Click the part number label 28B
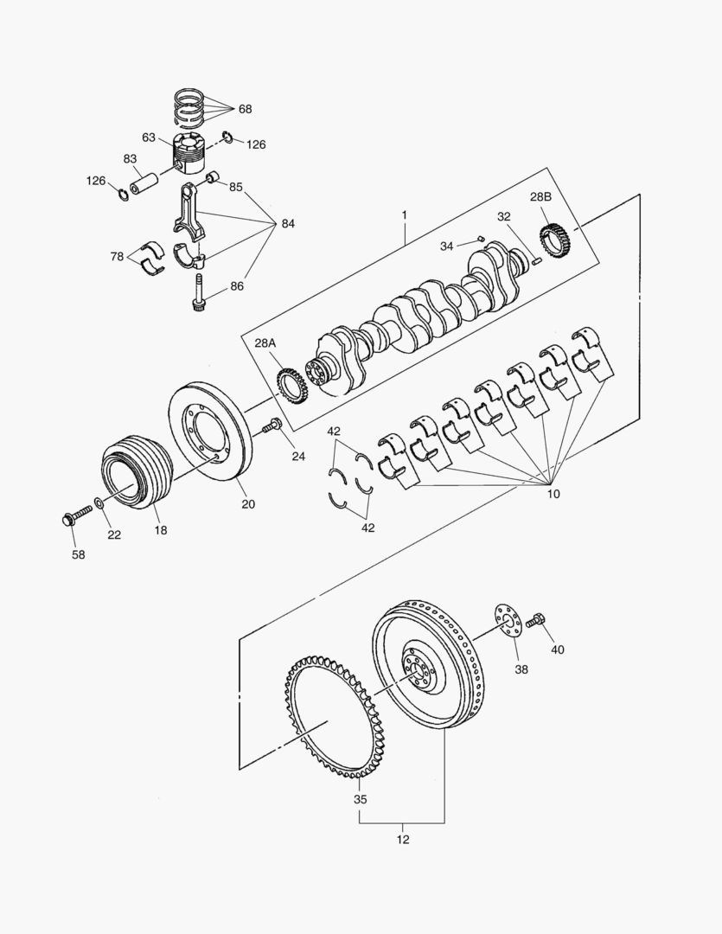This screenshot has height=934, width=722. (541, 197)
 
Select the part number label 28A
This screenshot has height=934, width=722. (265, 343)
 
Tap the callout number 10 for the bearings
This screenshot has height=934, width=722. (553, 494)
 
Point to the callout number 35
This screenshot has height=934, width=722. (360, 799)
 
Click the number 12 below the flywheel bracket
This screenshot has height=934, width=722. (403, 839)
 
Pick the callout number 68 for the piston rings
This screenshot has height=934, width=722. (245, 109)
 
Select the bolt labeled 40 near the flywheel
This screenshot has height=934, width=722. (534, 618)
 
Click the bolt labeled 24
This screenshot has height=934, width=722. (272, 425)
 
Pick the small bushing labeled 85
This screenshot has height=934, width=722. (210, 179)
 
